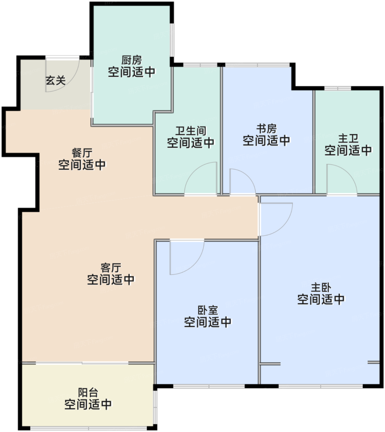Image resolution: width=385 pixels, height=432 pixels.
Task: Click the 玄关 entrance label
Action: click(x=55, y=81)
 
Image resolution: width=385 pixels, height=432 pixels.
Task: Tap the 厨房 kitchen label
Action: click(x=132, y=60)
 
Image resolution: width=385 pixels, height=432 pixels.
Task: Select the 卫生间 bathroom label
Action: click(x=191, y=131)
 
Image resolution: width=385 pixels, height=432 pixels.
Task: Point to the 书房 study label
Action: click(x=266, y=129)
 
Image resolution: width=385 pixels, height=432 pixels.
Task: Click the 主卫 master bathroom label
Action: click(x=348, y=139)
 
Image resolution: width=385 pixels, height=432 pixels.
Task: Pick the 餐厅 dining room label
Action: click(x=82, y=153)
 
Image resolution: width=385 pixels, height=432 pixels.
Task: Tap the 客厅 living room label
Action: click(x=111, y=268)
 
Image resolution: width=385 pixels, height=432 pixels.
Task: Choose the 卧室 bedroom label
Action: click(x=208, y=310)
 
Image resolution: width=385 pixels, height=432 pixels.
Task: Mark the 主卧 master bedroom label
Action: click(x=321, y=288)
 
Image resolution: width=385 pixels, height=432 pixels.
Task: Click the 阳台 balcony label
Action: click(x=88, y=393)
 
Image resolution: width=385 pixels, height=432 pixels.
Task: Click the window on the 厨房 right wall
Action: click(x=172, y=40)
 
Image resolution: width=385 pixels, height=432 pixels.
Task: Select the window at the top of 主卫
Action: click(x=338, y=88)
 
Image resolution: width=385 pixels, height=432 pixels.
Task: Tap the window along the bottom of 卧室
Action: click(x=209, y=386)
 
